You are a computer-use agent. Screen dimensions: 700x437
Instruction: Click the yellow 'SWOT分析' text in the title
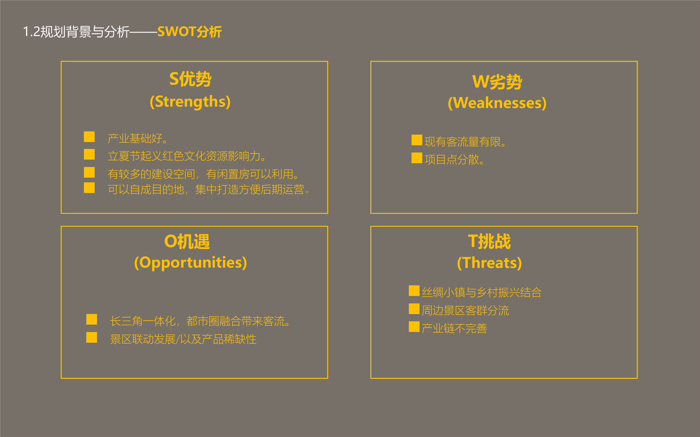189,32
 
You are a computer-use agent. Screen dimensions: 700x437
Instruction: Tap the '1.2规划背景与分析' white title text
76,32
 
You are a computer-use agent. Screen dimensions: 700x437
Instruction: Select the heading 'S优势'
190,79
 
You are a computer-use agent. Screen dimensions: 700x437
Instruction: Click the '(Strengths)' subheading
190,102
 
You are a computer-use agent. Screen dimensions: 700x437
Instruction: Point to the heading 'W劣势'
497,82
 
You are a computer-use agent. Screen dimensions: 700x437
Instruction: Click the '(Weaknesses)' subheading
497,103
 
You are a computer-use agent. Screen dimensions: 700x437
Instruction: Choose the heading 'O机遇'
187,242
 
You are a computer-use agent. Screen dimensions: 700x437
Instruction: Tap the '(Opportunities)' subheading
190,263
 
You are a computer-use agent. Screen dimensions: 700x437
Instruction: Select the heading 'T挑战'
489,242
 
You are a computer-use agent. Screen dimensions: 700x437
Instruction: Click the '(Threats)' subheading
489,263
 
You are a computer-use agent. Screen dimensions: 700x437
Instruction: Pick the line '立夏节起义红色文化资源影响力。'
187,156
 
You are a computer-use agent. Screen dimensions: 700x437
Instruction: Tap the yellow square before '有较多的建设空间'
89,172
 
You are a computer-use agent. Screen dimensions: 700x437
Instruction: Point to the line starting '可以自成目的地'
209,189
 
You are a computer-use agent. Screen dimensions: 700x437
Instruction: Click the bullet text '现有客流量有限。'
465,142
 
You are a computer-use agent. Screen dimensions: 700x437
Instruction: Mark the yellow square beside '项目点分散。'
417,158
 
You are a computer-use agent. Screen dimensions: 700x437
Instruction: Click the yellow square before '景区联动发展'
92,337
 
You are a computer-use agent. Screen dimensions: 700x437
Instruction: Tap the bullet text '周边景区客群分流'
465,310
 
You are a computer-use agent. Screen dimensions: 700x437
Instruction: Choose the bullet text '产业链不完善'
454,328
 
